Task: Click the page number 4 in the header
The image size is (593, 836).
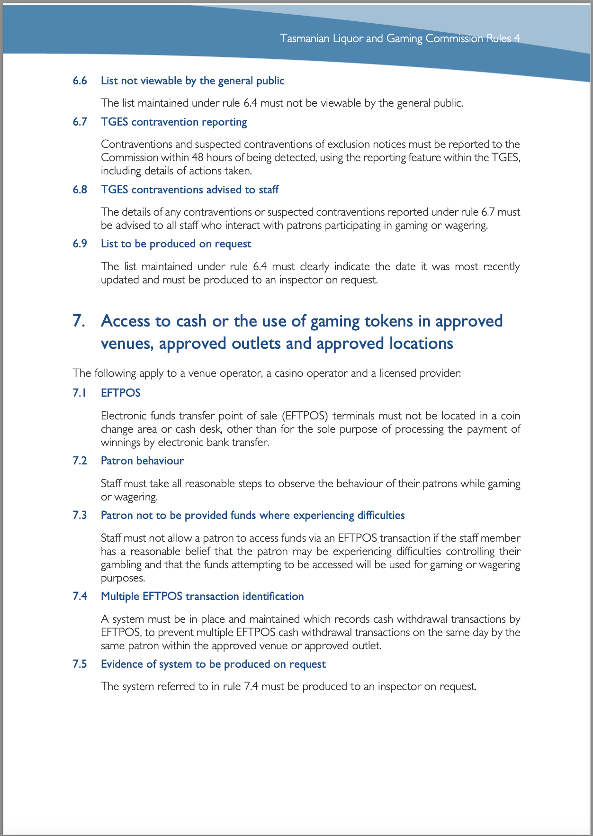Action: tap(517, 38)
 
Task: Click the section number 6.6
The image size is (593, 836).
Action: tap(80, 81)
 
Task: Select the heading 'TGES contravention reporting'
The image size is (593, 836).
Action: tap(174, 122)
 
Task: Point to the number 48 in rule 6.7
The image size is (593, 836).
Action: tap(198, 157)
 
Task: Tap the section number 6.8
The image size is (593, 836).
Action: tap(80, 190)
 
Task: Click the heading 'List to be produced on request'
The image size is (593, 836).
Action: tap(176, 244)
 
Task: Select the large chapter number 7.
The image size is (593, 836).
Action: tap(79, 321)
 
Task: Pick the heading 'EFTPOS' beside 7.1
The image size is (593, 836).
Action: tap(121, 393)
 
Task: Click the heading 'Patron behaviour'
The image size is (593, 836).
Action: tap(142, 461)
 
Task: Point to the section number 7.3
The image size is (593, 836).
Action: tap(80, 516)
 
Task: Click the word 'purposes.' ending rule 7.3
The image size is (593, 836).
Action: tap(123, 578)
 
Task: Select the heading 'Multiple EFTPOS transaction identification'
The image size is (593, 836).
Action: tap(202, 597)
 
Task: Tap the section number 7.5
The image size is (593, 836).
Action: tap(80, 664)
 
